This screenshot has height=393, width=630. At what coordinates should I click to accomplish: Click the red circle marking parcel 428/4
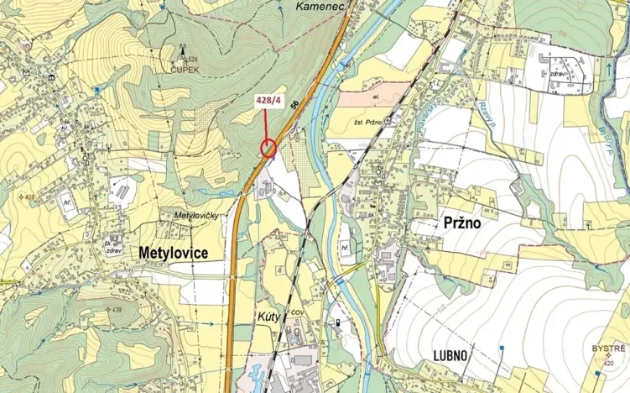pos(268,149)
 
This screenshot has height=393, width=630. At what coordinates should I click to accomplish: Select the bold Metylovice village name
pos(174,252)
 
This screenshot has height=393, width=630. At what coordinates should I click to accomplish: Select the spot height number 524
pos(193,59)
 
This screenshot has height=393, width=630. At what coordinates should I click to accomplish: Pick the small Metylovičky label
pos(196,216)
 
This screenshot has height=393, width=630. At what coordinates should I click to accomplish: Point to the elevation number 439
pos(116,311)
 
